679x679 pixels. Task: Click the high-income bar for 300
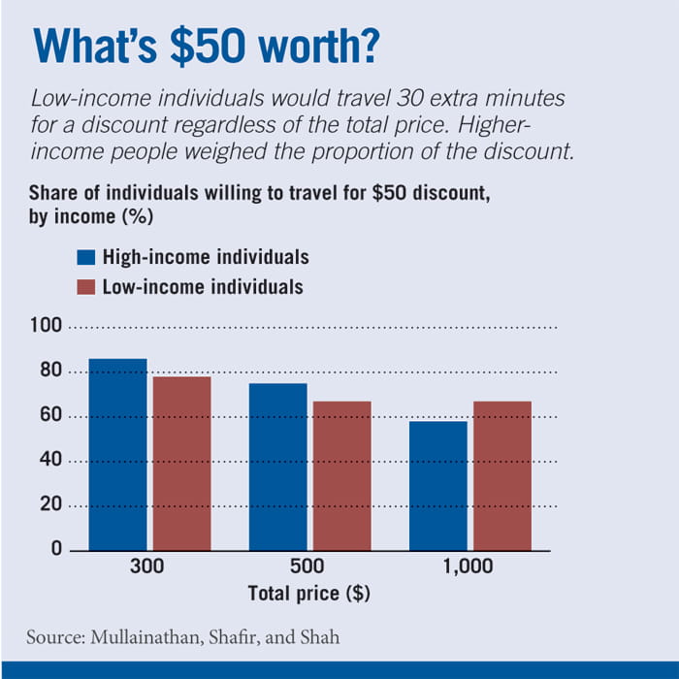117,454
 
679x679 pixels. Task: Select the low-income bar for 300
181,463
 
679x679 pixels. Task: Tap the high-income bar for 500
277,467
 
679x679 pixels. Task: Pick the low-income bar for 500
341,475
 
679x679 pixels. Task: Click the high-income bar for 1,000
437,485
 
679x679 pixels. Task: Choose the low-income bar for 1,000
501,475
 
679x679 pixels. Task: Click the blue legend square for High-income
85,258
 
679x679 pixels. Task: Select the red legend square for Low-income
85,287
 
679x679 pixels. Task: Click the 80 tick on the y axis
50,372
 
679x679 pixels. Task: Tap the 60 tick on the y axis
50,416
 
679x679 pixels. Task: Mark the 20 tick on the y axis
50,504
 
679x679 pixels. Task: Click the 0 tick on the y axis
56,549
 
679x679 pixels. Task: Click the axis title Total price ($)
309,593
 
